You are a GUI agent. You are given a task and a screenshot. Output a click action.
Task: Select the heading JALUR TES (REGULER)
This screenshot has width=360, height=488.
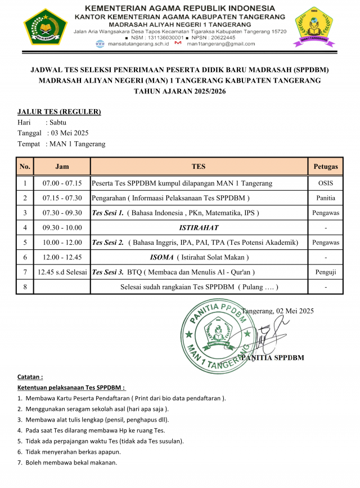tap(59, 111)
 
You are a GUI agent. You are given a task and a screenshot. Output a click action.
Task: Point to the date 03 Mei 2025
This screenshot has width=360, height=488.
tap(70, 133)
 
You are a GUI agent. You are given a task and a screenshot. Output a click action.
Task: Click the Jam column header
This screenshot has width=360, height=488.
tap(62, 167)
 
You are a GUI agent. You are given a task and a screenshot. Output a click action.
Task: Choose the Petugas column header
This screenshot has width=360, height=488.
tap(326, 167)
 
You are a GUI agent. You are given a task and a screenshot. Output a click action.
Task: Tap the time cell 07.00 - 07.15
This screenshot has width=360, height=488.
tap(62, 183)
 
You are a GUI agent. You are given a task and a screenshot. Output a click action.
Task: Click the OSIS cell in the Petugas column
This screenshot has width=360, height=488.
tap(326, 183)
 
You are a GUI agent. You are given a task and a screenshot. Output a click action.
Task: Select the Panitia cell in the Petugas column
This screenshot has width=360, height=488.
tap(326, 198)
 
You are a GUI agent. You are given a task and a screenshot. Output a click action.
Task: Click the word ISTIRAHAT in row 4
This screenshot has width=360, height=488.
tap(199, 228)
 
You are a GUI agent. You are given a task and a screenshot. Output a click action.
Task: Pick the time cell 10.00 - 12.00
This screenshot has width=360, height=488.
tap(62, 243)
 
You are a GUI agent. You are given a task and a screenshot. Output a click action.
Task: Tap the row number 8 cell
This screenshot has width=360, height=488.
tap(25, 287)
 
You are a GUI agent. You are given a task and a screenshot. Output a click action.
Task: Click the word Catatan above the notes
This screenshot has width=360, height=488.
tap(30, 377)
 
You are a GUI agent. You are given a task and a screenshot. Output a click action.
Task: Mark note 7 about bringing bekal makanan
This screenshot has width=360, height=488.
tap(67, 463)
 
